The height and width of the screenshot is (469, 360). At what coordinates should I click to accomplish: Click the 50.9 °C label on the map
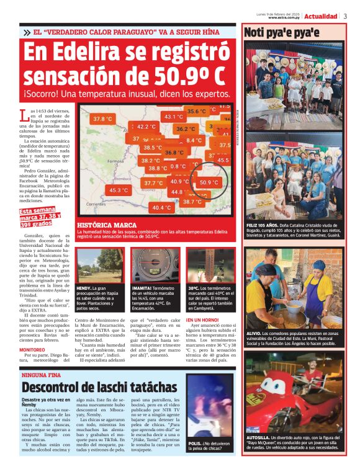click(x=209, y=182)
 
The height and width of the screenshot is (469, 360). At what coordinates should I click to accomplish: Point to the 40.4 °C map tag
click(x=162, y=207)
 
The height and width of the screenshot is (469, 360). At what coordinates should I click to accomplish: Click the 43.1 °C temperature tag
click(x=173, y=116)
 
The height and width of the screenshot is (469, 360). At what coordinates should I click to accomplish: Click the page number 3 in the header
click(x=345, y=16)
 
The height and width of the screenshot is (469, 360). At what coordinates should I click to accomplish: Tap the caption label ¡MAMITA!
click(x=143, y=288)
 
